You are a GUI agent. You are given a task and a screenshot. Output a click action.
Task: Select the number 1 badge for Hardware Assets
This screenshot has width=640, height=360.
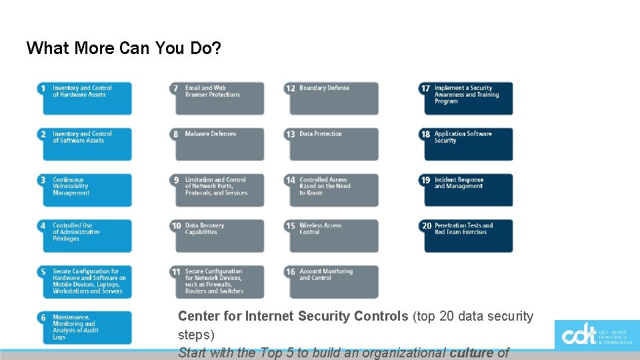pyautogui.click(x=43, y=88)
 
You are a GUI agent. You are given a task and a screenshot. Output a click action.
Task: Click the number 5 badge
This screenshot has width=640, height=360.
pyautogui.click(x=43, y=272)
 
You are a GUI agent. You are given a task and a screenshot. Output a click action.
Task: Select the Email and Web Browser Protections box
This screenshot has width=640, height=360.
pyautogui.click(x=220, y=98)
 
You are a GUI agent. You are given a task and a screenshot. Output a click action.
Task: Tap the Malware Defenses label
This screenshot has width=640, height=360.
pyautogui.click(x=211, y=134)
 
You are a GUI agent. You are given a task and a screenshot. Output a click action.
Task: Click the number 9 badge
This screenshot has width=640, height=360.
pyautogui.click(x=176, y=180)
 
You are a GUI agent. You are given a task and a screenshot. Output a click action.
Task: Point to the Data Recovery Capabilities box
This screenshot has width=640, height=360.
pyautogui.click(x=220, y=236)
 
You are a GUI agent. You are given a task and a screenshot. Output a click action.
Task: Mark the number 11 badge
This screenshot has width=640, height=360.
pyautogui.click(x=176, y=272)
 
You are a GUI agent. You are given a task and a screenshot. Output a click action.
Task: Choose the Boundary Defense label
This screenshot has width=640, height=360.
pyautogui.click(x=325, y=88)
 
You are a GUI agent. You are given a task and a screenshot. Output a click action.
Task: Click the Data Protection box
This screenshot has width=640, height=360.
pyautogui.click(x=334, y=144)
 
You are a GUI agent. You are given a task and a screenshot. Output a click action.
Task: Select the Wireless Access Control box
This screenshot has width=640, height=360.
pyautogui.click(x=334, y=236)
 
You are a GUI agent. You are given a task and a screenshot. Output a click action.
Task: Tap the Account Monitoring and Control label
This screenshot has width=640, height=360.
pyautogui.click(x=326, y=275)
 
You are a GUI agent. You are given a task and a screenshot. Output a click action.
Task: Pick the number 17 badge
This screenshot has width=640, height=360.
pyautogui.click(x=425, y=88)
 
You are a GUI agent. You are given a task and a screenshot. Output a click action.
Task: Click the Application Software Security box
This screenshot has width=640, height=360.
pyautogui.click(x=469, y=144)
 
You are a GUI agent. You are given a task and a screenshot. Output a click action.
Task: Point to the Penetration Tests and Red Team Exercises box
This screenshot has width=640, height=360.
pyautogui.click(x=469, y=236)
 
